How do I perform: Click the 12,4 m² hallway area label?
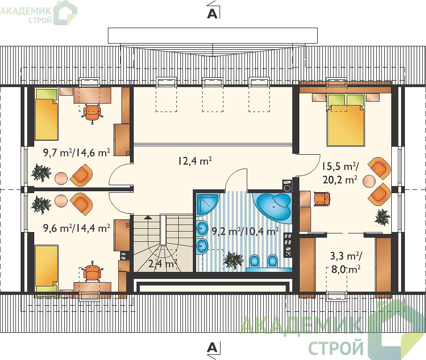[195, 161]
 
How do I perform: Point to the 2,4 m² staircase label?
[163, 263]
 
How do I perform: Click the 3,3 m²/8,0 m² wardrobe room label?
[346, 262]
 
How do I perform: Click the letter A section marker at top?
[212, 14]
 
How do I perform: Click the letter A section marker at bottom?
[212, 347]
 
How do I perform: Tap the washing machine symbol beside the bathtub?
[287, 186]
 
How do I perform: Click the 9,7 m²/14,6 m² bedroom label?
[76, 153]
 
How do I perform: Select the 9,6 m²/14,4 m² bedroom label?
[76, 228]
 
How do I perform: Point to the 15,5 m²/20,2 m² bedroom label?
[340, 172]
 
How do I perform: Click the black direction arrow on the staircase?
[147, 217]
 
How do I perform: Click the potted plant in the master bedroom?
[382, 217]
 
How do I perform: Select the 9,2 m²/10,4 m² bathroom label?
[245, 231]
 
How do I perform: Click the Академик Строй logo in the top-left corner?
[38, 13]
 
